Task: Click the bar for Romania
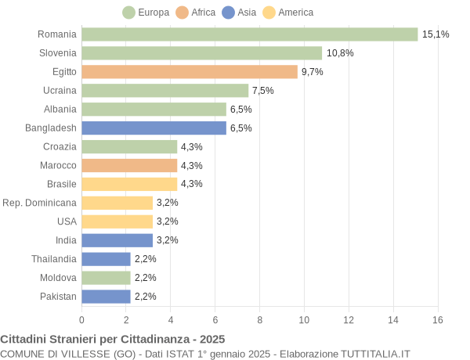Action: pos(249,34)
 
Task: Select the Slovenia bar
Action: pos(201,53)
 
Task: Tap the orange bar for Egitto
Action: pos(190,72)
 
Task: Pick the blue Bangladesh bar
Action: pos(154,128)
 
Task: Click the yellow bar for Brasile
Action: pos(129,184)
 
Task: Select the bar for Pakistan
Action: pos(106,297)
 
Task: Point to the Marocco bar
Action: pos(129,165)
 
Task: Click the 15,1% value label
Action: pos(436,34)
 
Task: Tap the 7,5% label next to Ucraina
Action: pos(262,91)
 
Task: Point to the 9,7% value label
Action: pos(312,72)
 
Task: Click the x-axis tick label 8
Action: pos(259,320)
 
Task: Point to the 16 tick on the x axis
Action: pos(437,320)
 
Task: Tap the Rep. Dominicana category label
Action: pos(40,203)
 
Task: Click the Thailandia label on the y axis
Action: pos(54,259)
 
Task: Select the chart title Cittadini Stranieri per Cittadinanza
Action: pos(113,340)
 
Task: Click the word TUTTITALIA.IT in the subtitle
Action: pos(370,354)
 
